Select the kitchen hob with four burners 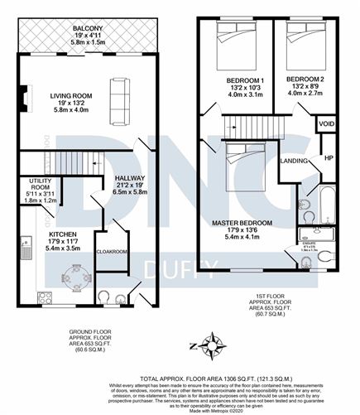(x=43, y=297)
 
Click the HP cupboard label (x=329, y=157)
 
